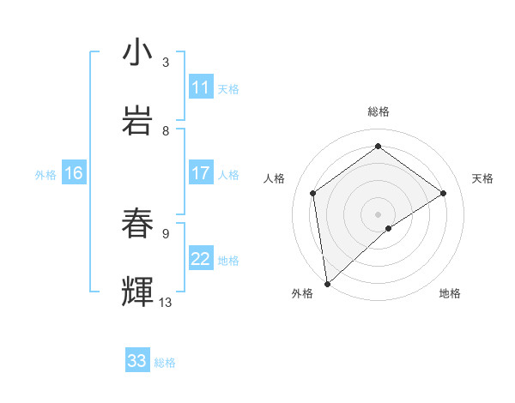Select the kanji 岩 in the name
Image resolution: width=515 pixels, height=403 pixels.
click(137, 121)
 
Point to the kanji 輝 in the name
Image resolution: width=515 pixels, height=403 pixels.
click(137, 292)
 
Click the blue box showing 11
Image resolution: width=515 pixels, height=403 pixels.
click(201, 87)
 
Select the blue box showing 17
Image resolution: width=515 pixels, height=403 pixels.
click(201, 173)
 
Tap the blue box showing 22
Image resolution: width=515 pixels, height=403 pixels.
click(201, 260)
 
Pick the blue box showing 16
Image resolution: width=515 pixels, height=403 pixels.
click(74, 173)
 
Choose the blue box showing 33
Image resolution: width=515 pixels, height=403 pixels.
click(137, 361)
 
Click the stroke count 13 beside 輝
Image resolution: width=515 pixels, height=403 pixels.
click(166, 303)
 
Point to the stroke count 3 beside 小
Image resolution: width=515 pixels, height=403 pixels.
click(166, 62)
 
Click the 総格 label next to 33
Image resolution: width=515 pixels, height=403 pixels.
click(165, 363)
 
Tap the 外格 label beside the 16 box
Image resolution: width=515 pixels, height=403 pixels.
click(45, 174)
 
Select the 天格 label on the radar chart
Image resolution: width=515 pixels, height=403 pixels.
click(482, 178)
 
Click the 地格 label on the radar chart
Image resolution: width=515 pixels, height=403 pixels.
click(450, 293)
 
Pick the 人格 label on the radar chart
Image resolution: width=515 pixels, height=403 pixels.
click(275, 178)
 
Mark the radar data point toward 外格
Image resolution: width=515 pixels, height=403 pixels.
click(326, 283)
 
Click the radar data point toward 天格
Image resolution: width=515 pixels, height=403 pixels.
click(444, 193)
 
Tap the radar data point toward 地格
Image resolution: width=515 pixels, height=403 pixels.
click(389, 228)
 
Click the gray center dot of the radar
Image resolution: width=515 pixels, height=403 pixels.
click(378, 214)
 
